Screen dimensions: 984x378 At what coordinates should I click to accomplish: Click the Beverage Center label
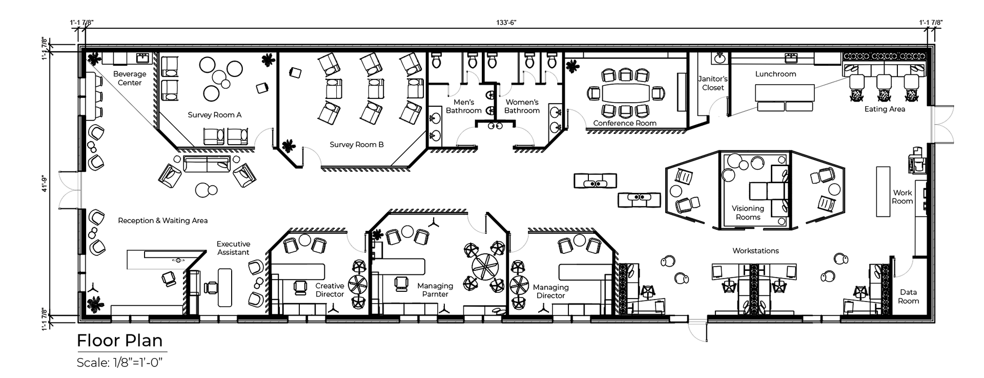pos(130,78)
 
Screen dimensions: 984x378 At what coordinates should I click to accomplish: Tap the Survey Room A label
pos(214,115)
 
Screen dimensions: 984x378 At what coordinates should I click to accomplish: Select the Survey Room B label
pos(357,145)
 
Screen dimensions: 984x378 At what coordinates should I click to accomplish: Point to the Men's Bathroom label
pos(464,106)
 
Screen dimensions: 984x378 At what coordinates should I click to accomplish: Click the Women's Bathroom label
pos(522,106)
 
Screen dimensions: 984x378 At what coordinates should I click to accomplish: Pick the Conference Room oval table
pos(625,93)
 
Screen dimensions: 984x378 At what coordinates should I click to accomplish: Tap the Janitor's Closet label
pos(713,83)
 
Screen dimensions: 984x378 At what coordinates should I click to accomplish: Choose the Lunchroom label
pos(775,74)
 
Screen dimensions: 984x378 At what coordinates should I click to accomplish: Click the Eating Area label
pos(885,109)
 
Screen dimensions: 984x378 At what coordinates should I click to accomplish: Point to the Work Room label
pos(903,197)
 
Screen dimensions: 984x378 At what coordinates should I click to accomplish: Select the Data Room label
pos(908,296)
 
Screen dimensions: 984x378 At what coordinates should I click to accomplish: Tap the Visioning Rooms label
pos(748,212)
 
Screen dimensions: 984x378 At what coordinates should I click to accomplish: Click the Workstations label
pos(755,251)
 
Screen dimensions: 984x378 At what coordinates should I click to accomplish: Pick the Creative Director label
pos(330,290)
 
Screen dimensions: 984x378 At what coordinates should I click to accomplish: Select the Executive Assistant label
pos(233,248)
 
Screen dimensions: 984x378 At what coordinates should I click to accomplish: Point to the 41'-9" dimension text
pos(45,183)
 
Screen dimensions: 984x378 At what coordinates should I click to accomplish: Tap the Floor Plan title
pos(119,341)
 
